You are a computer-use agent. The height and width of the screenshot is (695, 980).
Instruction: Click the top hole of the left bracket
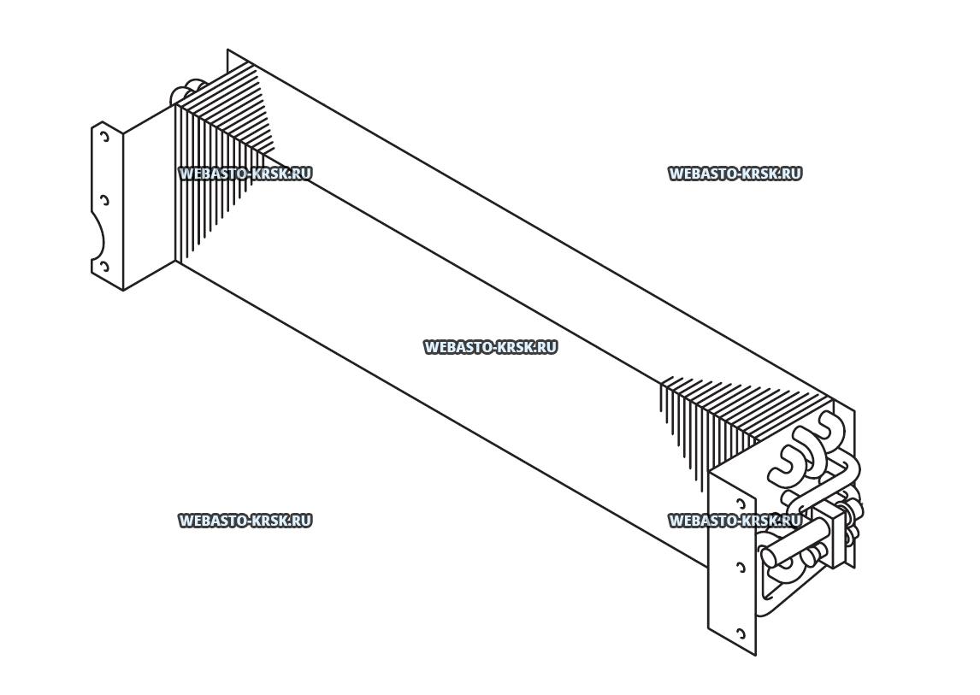point(103,136)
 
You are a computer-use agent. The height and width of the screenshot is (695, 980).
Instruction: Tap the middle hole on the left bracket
point(104,201)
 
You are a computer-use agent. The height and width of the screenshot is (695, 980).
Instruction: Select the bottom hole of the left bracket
point(104,267)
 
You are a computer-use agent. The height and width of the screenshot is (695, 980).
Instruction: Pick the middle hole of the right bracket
point(741,566)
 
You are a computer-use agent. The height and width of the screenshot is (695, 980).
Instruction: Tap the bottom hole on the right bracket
point(741,633)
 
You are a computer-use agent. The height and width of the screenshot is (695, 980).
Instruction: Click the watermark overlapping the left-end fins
point(245,174)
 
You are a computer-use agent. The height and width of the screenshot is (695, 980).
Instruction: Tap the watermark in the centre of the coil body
point(490,347)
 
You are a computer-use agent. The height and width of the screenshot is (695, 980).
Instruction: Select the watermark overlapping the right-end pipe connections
point(734,520)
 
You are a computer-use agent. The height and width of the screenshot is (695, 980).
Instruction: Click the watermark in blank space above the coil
point(734,174)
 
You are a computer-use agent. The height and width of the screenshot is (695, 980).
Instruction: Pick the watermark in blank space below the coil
point(245,520)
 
